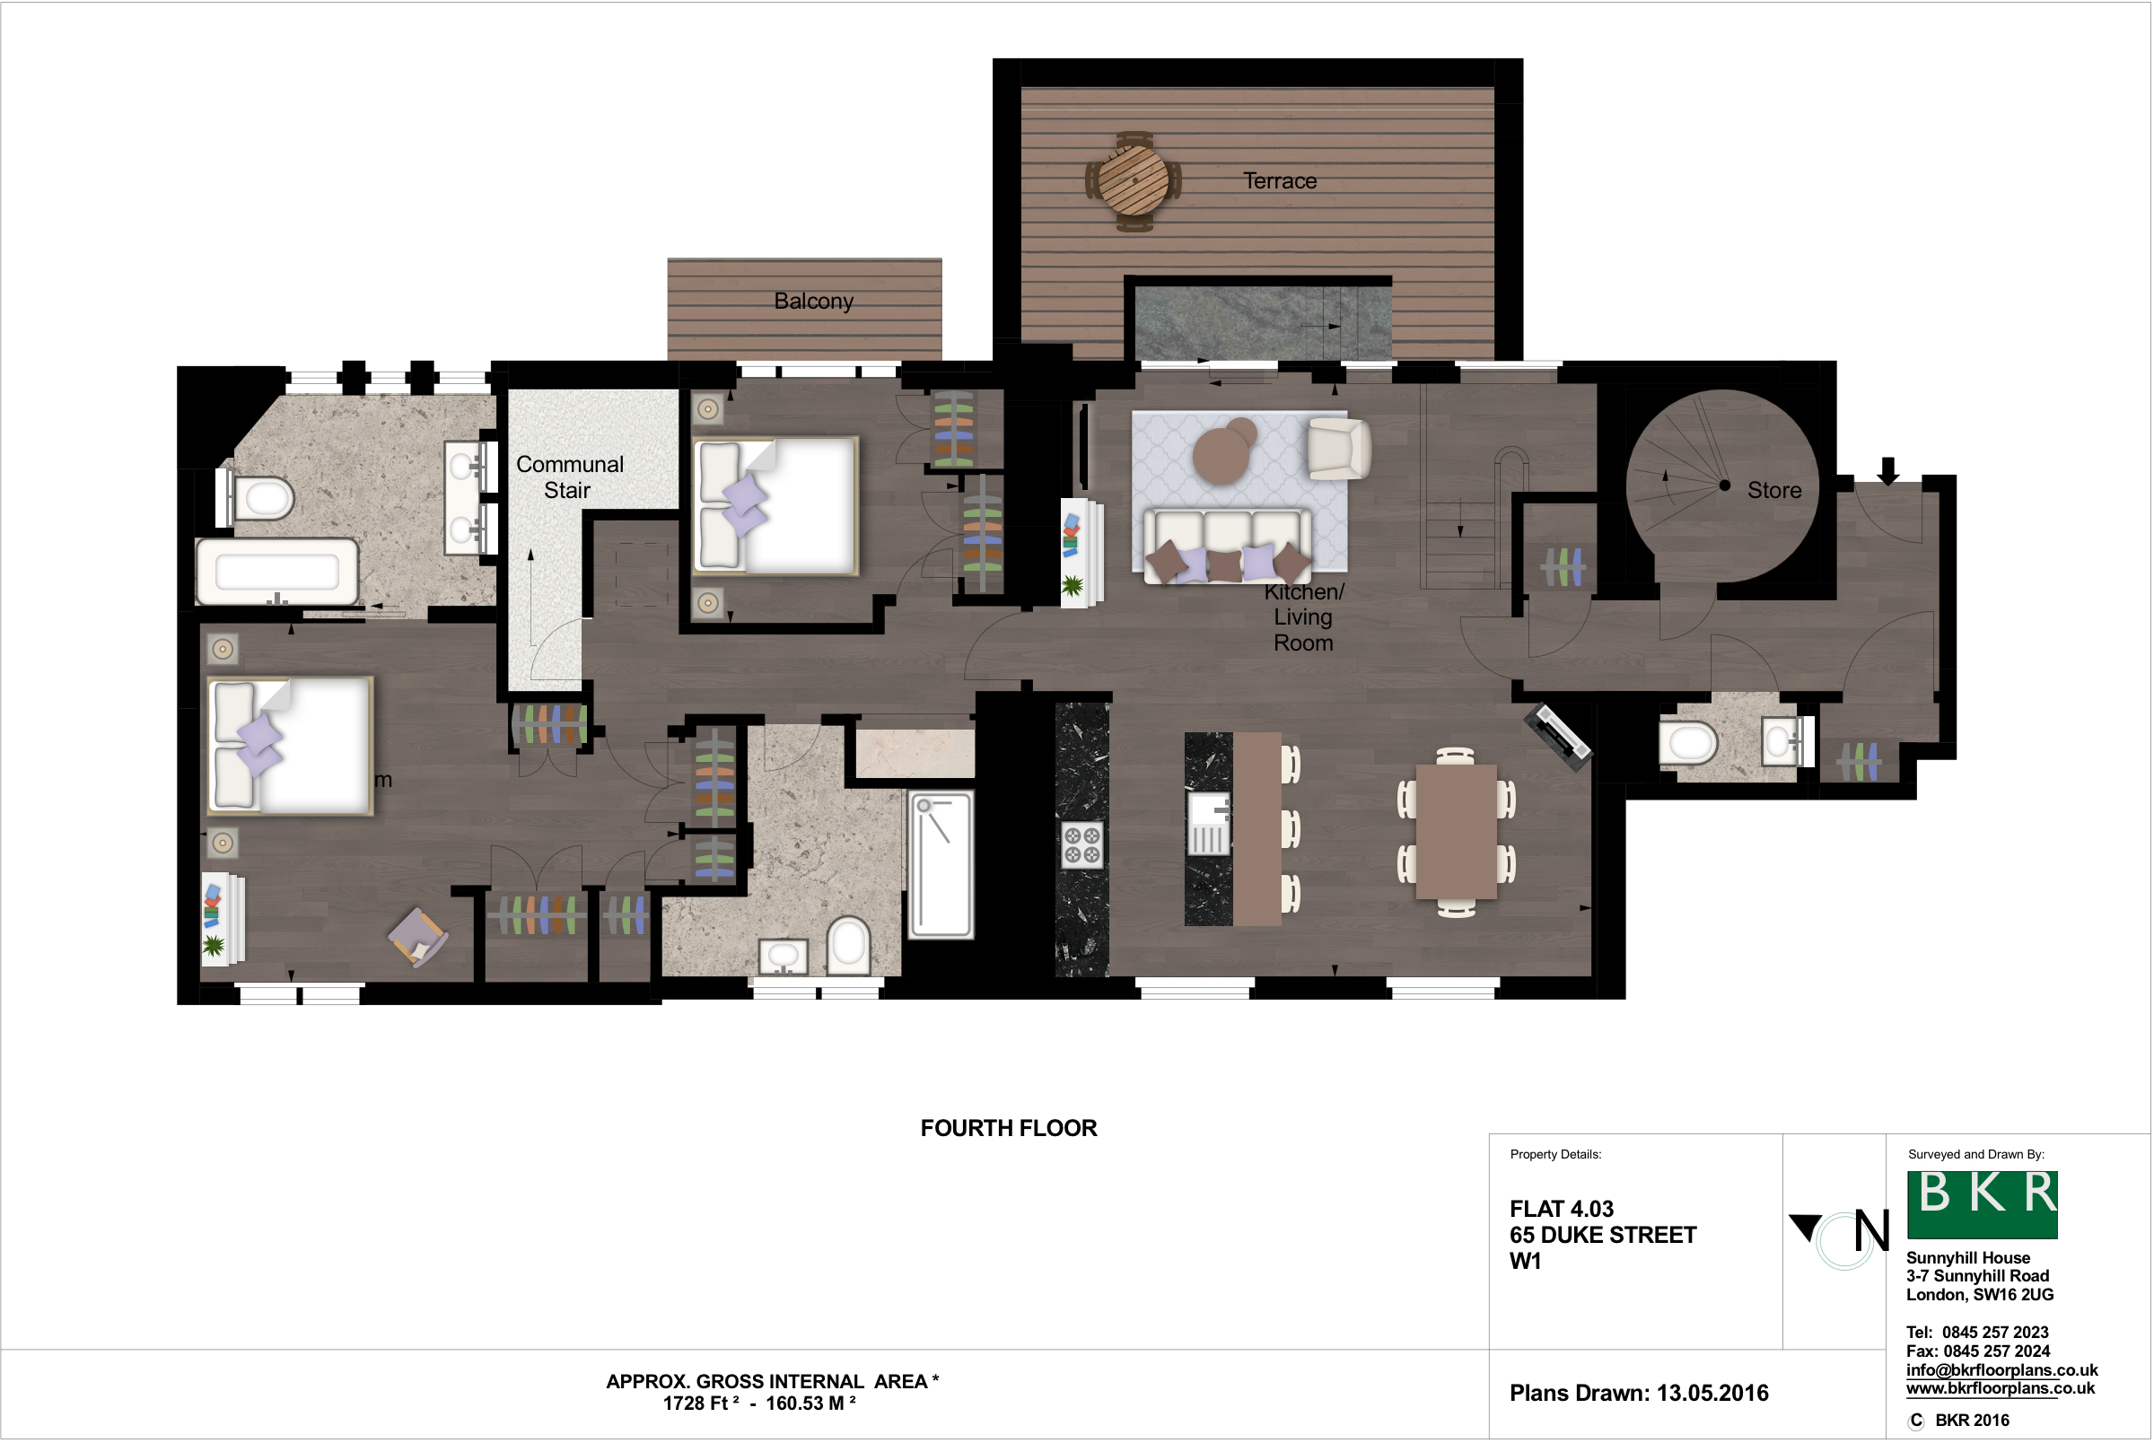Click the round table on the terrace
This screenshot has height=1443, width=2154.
1134,180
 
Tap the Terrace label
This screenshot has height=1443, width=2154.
1280,181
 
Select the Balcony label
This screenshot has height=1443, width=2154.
813,301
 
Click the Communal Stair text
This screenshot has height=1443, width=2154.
570,477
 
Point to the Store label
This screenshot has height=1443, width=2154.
1774,491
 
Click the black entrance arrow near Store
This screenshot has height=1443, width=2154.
1888,471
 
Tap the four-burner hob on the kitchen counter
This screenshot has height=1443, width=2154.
1081,844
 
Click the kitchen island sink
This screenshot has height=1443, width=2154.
1209,823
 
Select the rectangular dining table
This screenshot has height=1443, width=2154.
1456,831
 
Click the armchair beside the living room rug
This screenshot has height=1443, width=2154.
1337,449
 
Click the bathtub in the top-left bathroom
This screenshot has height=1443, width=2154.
277,572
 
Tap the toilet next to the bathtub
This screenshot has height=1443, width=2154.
260,499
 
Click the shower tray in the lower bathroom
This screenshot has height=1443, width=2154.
941,864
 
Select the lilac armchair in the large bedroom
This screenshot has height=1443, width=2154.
417,937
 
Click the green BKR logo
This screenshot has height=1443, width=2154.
1981,1203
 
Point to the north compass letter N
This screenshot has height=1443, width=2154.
1870,1231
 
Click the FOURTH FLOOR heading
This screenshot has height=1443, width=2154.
1009,1128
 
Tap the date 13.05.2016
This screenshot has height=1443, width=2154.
1712,1393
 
